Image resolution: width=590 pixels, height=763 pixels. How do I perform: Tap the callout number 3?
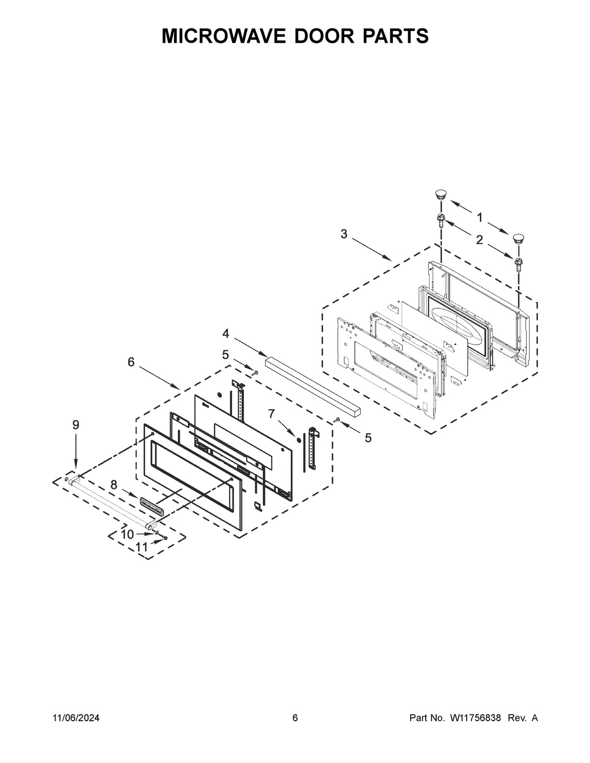point(344,234)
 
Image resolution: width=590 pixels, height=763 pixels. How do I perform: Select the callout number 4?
point(226,334)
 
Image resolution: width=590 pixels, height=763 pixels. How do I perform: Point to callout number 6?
point(131,362)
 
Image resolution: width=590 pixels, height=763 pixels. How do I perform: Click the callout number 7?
point(271,414)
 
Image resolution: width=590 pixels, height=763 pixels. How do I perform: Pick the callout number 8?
point(114,485)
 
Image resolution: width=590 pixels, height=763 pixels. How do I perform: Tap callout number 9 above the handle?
point(75,425)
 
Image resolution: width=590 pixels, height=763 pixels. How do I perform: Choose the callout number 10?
point(127,535)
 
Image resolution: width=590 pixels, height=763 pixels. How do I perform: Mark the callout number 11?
point(142,546)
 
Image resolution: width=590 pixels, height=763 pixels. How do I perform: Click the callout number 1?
point(479,217)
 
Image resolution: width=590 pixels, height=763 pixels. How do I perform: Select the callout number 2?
point(479,240)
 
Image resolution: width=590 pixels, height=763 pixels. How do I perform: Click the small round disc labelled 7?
point(299,439)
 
